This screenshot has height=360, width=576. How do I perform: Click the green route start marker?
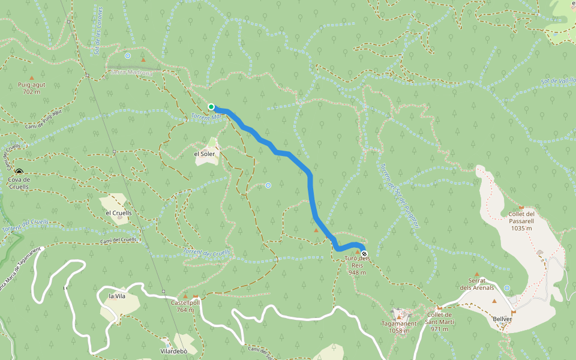click(x=211, y=107)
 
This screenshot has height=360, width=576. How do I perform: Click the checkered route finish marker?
click(x=364, y=253)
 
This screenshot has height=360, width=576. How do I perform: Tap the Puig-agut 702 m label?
click(x=32, y=88)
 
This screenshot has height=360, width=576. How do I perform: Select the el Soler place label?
click(x=204, y=154)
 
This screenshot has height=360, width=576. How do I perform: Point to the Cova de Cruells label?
click(x=19, y=183)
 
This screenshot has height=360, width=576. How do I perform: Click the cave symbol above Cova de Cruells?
click(x=19, y=172)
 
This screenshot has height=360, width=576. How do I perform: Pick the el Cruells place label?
click(x=118, y=212)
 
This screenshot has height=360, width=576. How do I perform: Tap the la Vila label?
click(x=116, y=296)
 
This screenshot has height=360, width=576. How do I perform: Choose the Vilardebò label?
click(x=174, y=351)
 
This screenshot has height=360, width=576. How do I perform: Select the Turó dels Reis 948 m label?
click(x=357, y=265)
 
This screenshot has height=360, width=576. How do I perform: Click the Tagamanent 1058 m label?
click(x=399, y=326)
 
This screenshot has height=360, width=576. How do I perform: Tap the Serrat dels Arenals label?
click(x=477, y=284)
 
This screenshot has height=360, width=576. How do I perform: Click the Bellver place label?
click(x=502, y=319)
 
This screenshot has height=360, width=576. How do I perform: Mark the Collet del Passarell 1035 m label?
click(x=521, y=221)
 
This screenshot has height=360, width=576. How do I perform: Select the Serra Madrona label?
click(x=132, y=72)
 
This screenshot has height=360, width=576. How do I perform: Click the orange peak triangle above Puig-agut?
click(x=32, y=77)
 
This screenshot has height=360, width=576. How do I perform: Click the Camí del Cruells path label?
click(x=119, y=240)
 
